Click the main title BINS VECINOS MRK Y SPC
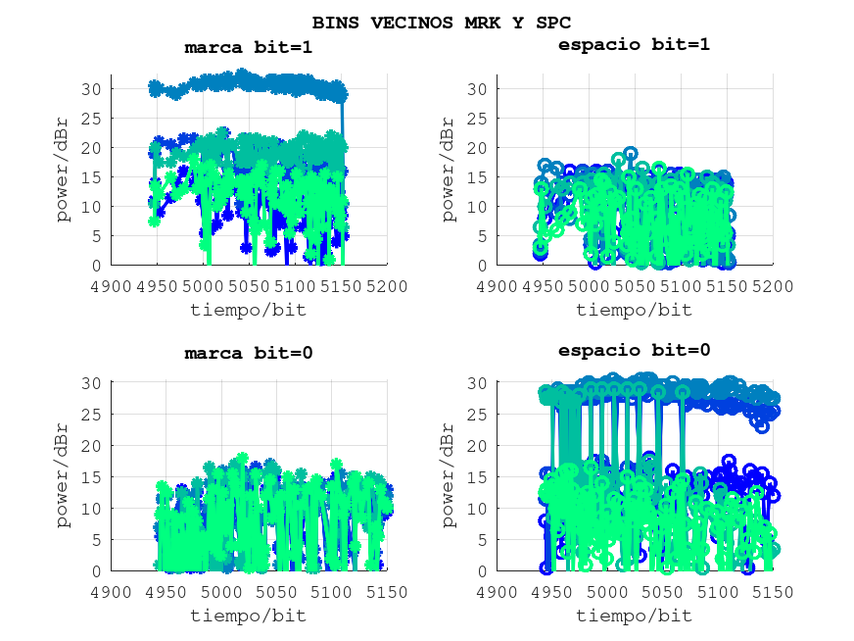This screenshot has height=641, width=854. pos(441,22)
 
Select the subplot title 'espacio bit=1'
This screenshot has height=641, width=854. pos(634,44)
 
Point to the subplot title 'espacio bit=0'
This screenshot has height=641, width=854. pos(634,350)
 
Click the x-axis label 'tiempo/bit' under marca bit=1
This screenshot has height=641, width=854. pos(248,310)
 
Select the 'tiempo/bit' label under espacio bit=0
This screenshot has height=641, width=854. pos(634,616)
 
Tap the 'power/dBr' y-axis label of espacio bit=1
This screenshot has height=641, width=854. pos(448,170)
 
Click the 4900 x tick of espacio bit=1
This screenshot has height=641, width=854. pos(497,286)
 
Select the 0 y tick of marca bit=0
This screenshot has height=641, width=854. pos(98,570)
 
